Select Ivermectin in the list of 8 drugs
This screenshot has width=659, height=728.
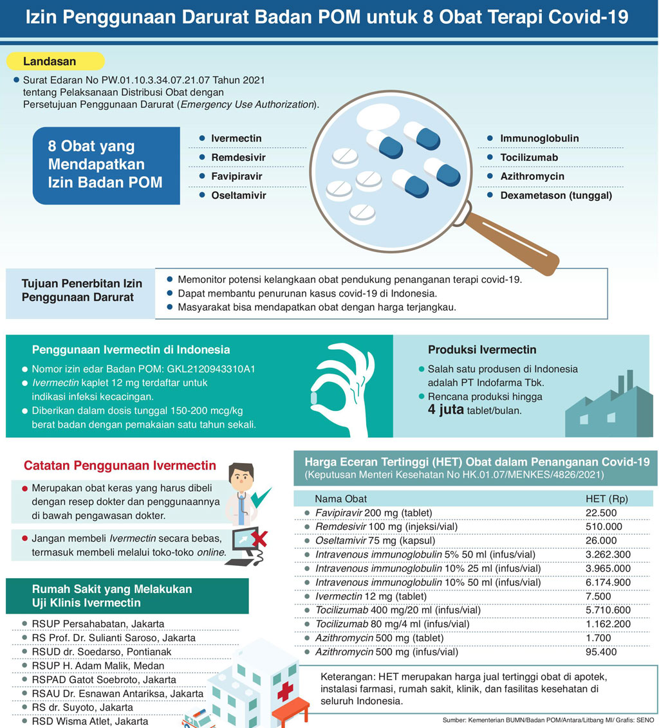pyautogui.click(x=236, y=138)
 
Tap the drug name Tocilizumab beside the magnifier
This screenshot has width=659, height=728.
pyautogui.click(x=529, y=158)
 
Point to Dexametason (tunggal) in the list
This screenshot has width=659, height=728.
pyautogui.click(x=556, y=195)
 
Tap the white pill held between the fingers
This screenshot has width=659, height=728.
pyautogui.click(x=315, y=399)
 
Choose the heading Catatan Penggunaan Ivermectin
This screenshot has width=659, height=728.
pyautogui.click(x=120, y=465)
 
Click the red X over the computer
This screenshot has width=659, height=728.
pyautogui.click(x=259, y=538)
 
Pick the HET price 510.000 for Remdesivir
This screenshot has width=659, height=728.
pyautogui.click(x=604, y=527)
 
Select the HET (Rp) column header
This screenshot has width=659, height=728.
pyautogui.click(x=606, y=498)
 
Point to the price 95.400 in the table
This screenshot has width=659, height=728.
pyautogui.click(x=601, y=651)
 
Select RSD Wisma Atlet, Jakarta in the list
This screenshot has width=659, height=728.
pyautogui.click(x=89, y=722)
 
